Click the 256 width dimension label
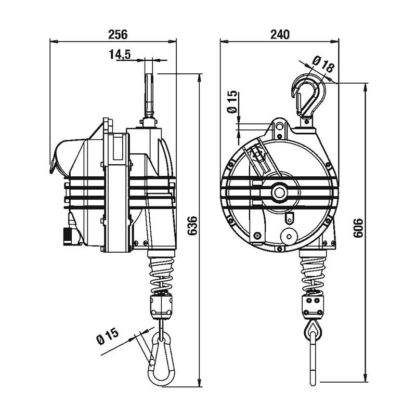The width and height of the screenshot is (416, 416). click(118, 34)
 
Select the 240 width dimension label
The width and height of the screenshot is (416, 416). click(280, 34)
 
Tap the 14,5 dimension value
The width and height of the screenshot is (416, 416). click(120, 55)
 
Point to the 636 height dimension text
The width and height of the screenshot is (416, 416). click(192, 226)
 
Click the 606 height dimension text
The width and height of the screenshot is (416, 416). click(358, 228)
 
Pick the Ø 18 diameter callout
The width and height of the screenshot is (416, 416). click(322, 64)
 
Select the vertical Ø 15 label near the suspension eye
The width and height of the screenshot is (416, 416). click(232, 102)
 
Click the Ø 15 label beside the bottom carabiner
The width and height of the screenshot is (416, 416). click(108, 336)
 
